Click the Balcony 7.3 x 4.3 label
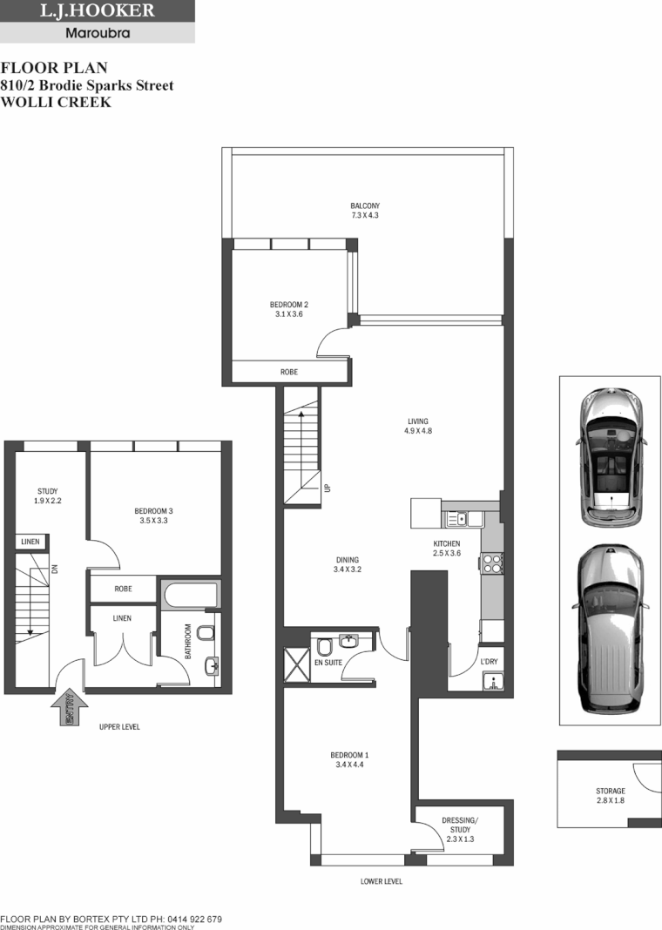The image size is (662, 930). [x=365, y=210]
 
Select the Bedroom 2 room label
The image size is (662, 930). [x=288, y=309]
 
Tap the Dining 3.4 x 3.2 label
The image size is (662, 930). [x=346, y=564]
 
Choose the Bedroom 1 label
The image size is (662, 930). [x=349, y=759]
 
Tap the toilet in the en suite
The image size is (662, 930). [x=323, y=649]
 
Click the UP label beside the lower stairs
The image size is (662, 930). [x=328, y=488]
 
